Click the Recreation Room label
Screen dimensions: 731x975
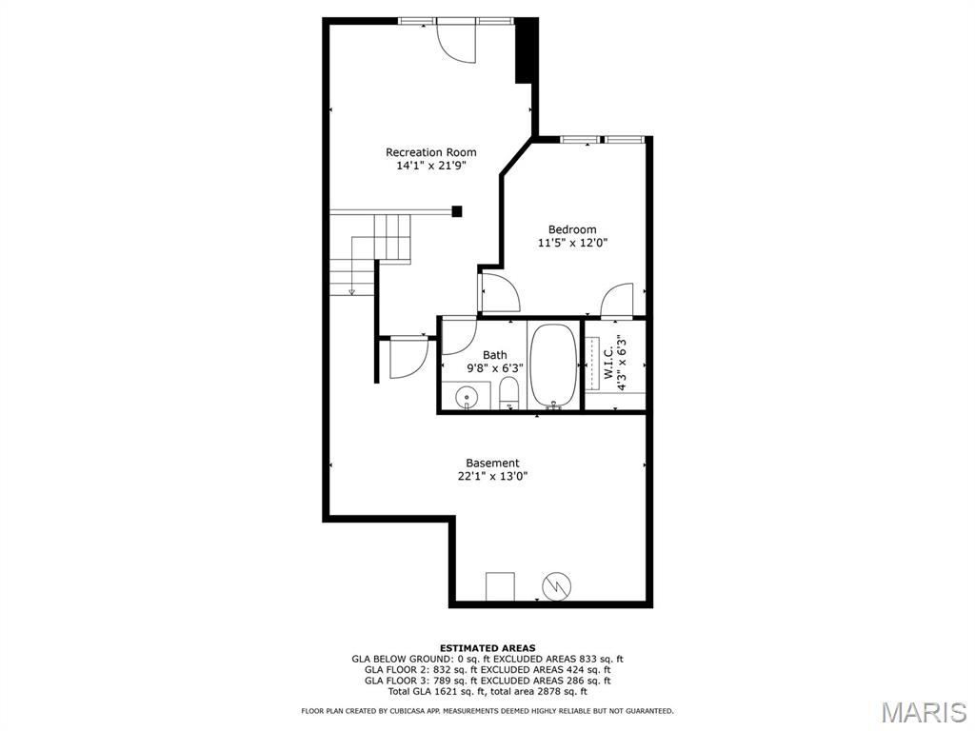[x=430, y=152]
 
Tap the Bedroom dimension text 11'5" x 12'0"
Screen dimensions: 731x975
[x=572, y=243]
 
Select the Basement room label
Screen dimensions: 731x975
[x=492, y=464]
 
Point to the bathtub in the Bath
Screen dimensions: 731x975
[x=553, y=365]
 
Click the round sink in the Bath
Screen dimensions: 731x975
[x=467, y=397]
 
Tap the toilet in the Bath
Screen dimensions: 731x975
[x=509, y=392]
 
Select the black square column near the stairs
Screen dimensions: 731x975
[x=457, y=211]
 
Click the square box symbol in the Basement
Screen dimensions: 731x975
[x=500, y=586]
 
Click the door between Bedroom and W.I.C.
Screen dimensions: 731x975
[x=618, y=300]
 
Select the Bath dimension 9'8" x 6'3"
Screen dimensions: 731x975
[x=494, y=367]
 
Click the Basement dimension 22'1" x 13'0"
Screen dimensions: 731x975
[x=492, y=477]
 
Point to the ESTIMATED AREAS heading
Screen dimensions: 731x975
[x=487, y=648]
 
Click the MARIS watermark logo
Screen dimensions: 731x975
[x=923, y=712]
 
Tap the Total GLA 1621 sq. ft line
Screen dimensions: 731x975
[x=487, y=691]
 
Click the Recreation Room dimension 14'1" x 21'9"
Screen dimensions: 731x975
[x=430, y=166]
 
